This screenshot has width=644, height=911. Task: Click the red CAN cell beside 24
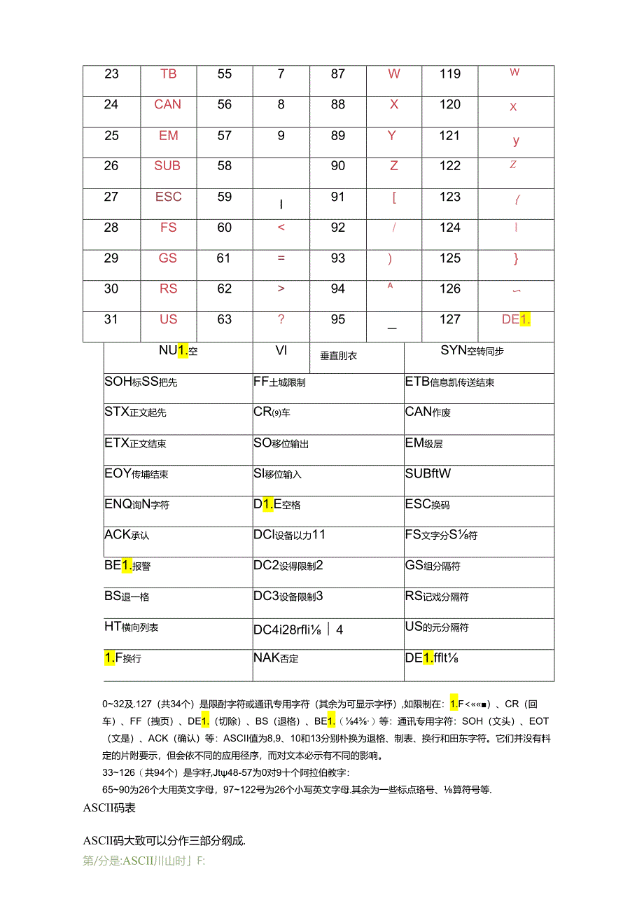(168, 105)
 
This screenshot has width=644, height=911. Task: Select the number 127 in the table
(450, 320)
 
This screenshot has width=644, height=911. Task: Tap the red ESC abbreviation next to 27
(169, 197)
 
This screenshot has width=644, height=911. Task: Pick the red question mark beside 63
(281, 320)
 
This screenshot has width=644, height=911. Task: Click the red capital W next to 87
(394, 74)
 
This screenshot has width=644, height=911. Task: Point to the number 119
(450, 74)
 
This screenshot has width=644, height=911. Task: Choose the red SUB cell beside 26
(168, 167)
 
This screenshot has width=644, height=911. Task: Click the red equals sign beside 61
(281, 258)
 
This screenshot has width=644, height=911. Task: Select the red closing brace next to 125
(516, 259)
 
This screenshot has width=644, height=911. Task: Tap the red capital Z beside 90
(394, 167)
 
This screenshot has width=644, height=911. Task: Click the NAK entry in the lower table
(276, 658)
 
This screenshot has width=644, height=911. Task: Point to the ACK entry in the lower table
(127, 535)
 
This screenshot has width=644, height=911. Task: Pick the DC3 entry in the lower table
(288, 597)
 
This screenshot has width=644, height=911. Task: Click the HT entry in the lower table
(131, 627)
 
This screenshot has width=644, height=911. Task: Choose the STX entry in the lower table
(135, 412)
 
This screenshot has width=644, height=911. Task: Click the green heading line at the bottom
(143, 861)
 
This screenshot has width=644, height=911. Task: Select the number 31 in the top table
(111, 320)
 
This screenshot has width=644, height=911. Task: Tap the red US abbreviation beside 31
(168, 320)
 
